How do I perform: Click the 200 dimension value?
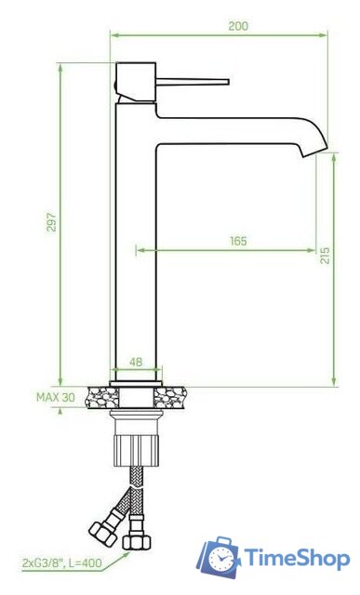pos(238,26)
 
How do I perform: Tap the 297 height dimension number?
pos(52,222)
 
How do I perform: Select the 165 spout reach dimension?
pos(238,241)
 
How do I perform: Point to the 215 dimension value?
pos(325,255)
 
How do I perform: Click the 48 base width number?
pos(136,362)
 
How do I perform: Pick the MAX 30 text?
pos(56,397)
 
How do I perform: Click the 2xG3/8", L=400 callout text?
pos(62,562)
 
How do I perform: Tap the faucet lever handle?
pos(193,82)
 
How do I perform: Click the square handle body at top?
pos(136,82)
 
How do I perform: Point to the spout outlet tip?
pos(314,151)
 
